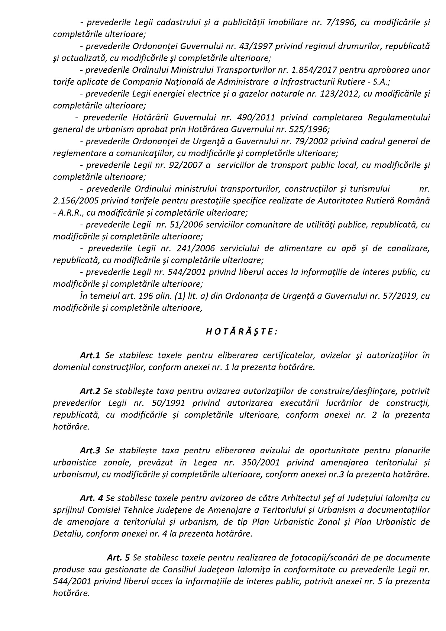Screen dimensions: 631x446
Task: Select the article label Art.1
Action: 90,355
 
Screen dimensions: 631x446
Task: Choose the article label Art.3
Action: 90,451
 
